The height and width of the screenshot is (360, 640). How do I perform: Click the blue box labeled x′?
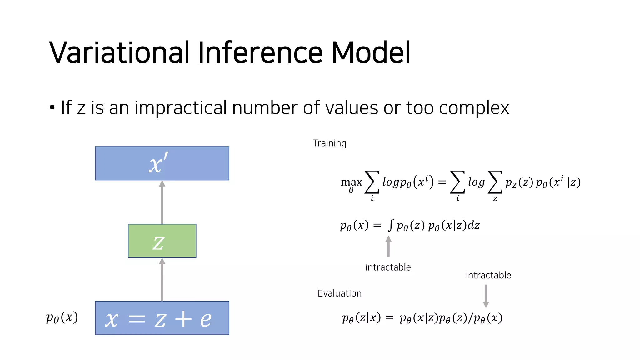click(x=162, y=163)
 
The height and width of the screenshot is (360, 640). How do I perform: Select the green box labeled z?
click(x=162, y=241)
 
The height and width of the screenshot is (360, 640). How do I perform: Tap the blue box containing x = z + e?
click(x=162, y=318)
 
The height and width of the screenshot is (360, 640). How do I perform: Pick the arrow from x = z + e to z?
click(x=162, y=279)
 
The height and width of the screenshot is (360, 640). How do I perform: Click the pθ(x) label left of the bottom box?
click(x=62, y=318)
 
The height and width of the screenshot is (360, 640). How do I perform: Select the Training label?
click(x=329, y=143)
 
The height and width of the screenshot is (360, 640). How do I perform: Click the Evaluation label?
click(x=339, y=293)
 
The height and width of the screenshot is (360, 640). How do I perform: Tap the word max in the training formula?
click(x=351, y=182)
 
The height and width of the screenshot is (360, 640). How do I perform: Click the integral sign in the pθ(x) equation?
click(x=391, y=225)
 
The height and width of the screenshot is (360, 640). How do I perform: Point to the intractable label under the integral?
click(x=388, y=267)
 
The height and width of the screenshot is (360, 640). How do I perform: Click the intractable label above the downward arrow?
click(x=488, y=275)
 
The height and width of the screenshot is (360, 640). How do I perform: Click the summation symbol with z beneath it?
click(x=495, y=182)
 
